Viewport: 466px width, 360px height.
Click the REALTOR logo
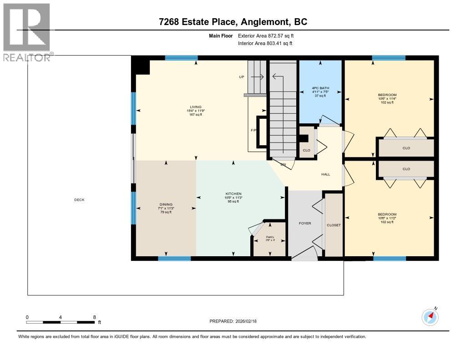(26, 32)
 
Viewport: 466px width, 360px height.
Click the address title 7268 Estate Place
(233, 21)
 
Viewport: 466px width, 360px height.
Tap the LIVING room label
(195, 107)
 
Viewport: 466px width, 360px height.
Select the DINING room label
(166, 204)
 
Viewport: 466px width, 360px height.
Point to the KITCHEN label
(233, 193)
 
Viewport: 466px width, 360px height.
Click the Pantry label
(270, 237)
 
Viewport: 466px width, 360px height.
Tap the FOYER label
(305, 223)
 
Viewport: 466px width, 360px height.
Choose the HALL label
(325, 174)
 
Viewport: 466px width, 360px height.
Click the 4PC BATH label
(320, 88)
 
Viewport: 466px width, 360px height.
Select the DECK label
(79, 200)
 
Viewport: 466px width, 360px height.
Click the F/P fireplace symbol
(262, 132)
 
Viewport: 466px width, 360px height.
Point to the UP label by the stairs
(242, 77)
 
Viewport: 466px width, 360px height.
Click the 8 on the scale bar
(94, 317)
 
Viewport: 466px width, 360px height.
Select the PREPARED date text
(233, 321)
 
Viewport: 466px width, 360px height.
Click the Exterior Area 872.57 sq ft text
(269, 35)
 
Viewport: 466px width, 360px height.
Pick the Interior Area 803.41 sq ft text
(265, 43)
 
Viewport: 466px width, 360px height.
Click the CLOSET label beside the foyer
(334, 225)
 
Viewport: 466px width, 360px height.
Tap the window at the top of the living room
(181, 58)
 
